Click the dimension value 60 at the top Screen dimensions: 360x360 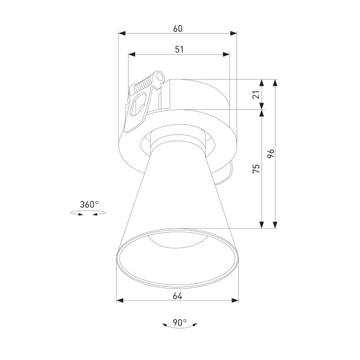(178, 28)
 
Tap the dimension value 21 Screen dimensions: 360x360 (256, 95)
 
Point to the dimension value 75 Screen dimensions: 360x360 (256, 169)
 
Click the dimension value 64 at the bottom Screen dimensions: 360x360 (178, 295)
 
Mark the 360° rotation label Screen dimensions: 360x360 (89, 205)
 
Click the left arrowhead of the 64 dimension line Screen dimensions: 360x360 (119, 301)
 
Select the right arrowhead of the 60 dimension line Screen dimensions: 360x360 (234, 34)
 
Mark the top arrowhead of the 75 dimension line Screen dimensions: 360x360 (262, 114)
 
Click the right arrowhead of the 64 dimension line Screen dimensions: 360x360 (235, 301)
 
